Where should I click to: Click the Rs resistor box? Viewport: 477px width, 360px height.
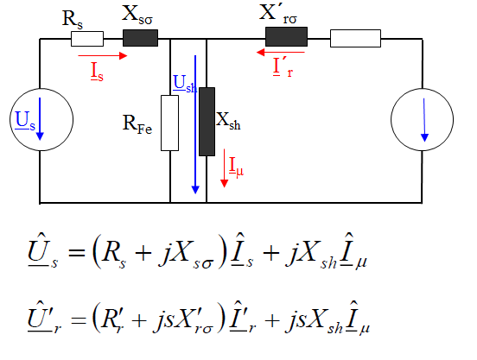point(87,39)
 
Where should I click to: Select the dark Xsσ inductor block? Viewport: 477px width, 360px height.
point(140,38)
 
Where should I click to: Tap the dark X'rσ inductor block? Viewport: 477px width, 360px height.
point(286,37)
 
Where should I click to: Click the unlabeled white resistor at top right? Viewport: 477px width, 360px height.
point(355,38)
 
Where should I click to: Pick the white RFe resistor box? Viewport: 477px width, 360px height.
point(169,123)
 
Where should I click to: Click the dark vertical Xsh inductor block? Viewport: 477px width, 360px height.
point(207,122)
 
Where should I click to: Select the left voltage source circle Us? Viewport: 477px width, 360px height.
point(41,120)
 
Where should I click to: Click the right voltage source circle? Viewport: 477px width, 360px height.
point(423,120)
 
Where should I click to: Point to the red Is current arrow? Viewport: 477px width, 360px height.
point(103,55)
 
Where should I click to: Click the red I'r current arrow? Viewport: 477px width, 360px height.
point(281,53)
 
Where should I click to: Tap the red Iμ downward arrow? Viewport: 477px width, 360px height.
point(224,168)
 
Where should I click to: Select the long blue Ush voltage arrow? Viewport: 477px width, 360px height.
point(195,124)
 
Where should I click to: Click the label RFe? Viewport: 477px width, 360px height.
point(137,124)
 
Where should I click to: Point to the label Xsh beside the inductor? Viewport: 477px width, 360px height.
point(228,121)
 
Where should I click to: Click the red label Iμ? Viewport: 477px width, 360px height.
point(236,167)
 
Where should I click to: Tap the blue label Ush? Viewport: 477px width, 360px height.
point(185,84)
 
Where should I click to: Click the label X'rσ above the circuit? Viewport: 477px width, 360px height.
point(277,14)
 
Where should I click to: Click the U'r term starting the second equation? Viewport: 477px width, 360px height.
point(44,318)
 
